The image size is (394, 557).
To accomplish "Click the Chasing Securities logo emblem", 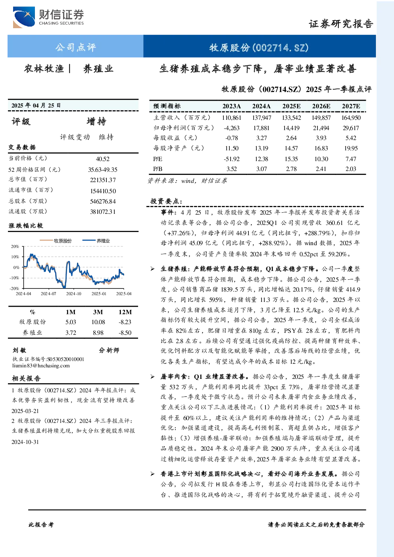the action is pos(24,17).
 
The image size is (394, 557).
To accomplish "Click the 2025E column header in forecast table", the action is pos(291,106).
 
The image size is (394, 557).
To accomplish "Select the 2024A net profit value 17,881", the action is pos(261,128).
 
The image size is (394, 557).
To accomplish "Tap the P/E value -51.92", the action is pos(232,159).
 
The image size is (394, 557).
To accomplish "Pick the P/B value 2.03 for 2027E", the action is pos(351,169).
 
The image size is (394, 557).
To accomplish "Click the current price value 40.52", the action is pos(102,159).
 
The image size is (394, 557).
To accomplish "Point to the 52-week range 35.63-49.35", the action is pos(102,169).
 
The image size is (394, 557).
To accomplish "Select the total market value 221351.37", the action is pos(103,180).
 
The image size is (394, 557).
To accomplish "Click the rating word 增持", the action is pos(96,121).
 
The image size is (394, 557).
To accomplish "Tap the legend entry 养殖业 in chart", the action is pos(103,241).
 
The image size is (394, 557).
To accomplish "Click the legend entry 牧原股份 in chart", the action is pos(63,241).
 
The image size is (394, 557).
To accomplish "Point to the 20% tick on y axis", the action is pos(15,246).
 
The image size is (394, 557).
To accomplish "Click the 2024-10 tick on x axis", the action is pos(74,294).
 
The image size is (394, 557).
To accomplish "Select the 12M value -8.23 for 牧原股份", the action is pos(125,322).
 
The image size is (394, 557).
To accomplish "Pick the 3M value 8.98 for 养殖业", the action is pos(98,333).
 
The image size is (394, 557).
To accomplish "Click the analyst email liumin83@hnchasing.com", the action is pos(41,366).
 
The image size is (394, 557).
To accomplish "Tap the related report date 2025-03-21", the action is pos(25,411).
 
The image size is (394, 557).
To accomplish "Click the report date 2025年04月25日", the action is pos(36,106).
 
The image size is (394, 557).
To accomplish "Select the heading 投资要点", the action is pos(166,201).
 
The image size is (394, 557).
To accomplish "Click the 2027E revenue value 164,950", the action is pos(351,117).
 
